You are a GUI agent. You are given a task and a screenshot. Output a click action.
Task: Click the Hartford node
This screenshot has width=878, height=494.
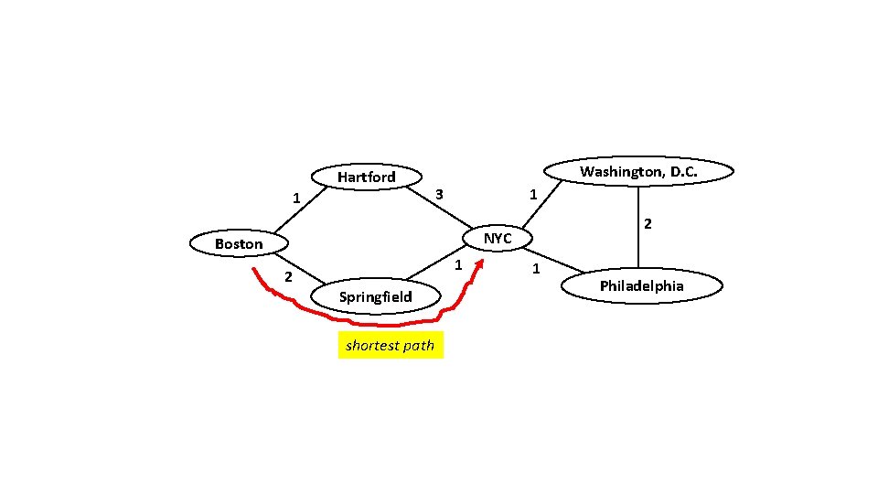[x=366, y=177]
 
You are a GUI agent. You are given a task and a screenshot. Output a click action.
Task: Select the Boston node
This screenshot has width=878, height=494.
[x=238, y=243]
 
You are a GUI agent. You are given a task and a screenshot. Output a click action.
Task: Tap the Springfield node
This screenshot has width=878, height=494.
[x=375, y=296]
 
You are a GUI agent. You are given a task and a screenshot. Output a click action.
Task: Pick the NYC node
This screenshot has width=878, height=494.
[x=498, y=238]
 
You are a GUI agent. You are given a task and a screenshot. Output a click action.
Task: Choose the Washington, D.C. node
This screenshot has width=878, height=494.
[x=637, y=171]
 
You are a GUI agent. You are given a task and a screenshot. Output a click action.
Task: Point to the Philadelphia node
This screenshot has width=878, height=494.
[x=641, y=286]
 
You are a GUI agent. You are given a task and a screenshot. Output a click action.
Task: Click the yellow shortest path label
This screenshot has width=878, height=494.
[x=391, y=346]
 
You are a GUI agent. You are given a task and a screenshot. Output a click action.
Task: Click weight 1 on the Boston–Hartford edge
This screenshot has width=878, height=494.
[x=294, y=199]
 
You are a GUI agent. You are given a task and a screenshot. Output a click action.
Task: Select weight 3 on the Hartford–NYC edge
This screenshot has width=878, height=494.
[x=439, y=194]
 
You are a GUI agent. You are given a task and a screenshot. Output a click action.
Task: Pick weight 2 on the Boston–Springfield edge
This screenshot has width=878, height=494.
[x=287, y=277]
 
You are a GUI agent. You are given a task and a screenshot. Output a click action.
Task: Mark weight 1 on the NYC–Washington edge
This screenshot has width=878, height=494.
[x=533, y=195]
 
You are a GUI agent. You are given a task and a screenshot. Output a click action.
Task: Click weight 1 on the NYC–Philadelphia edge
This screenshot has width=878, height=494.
[x=536, y=270]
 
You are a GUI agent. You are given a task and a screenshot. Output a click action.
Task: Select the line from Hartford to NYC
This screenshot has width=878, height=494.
[x=448, y=211]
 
